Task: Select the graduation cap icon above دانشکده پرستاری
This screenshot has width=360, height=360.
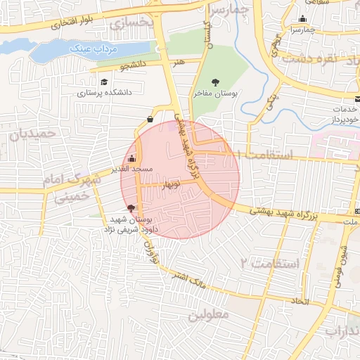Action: click(105, 81)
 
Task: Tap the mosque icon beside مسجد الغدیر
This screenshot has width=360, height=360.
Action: click(132, 158)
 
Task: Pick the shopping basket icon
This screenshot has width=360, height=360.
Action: click(150, 118)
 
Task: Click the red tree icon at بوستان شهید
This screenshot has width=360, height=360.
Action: click(130, 207)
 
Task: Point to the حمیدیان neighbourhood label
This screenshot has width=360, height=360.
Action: click(25, 132)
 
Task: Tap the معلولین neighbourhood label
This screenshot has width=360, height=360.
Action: click(209, 314)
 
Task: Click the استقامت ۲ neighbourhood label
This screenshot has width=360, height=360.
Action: click(270, 264)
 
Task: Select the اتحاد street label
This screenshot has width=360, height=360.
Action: click(301, 300)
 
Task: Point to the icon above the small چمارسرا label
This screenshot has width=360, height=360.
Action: click(302, 19)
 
